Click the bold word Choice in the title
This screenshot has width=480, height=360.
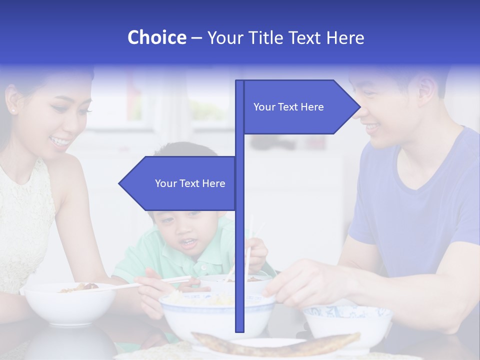156,37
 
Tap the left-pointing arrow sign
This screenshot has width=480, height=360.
177,183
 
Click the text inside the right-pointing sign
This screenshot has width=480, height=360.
288,107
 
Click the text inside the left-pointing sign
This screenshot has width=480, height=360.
190,183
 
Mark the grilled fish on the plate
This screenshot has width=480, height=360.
275,344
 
